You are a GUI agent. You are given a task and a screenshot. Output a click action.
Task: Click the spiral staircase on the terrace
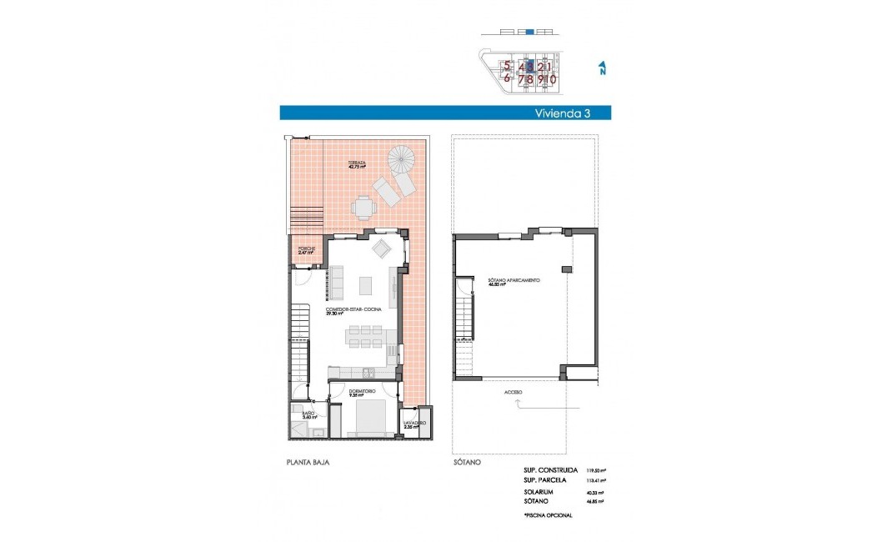pos(401,158)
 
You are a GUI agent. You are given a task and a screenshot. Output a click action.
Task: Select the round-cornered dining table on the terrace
pos(363,206)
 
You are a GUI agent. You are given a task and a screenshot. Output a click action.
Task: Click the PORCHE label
pos(305,249)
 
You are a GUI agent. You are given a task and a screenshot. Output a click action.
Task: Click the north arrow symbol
pos(602,68)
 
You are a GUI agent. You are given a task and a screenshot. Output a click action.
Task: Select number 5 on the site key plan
pos(506,66)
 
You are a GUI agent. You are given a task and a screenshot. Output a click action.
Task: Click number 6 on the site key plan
pos(506,78)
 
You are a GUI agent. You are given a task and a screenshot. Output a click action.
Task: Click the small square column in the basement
pos(566,268)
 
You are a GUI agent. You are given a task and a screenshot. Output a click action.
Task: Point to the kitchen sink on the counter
pos(368,372)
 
